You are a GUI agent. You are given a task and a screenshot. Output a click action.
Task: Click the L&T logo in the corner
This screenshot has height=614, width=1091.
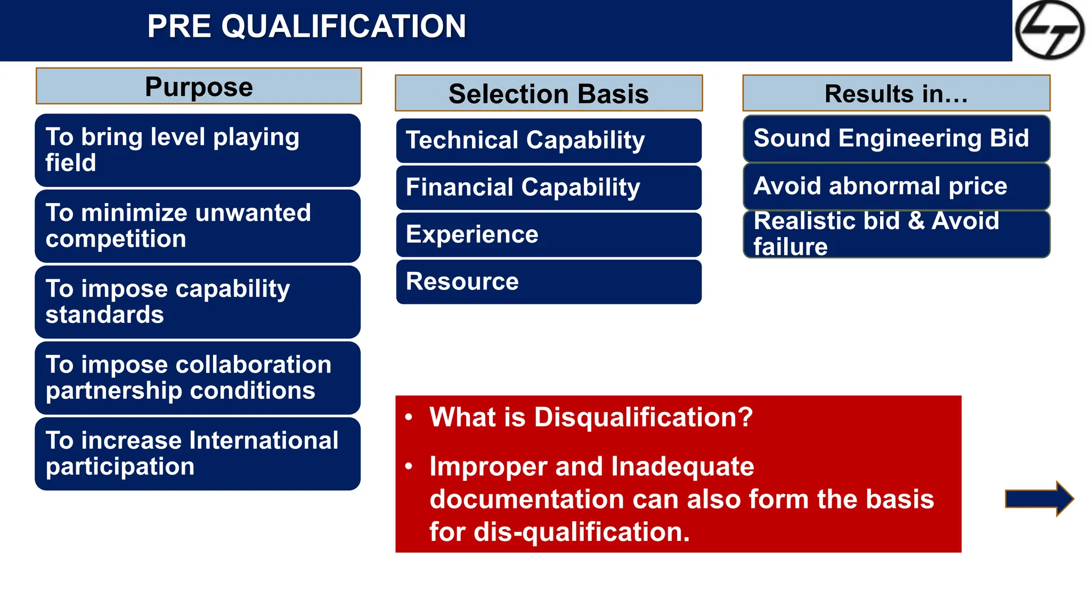click(1049, 30)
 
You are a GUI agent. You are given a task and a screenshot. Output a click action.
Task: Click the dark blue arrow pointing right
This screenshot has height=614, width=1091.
click(1038, 499)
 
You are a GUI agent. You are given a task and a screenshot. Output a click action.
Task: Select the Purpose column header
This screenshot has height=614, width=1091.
click(199, 86)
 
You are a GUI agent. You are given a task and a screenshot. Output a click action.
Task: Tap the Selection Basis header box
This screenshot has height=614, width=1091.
click(549, 93)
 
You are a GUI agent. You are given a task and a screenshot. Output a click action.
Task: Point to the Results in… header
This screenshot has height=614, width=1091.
click(896, 93)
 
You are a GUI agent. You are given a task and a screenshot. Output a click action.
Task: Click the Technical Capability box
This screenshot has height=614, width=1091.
click(549, 141)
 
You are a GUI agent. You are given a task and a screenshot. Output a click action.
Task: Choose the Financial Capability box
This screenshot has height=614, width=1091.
click(549, 188)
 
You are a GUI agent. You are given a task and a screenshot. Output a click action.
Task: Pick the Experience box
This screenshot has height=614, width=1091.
click(549, 235)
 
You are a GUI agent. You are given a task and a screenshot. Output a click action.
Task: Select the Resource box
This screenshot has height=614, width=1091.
click(549, 281)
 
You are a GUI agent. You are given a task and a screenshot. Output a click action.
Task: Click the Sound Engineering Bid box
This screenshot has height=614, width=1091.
click(896, 139)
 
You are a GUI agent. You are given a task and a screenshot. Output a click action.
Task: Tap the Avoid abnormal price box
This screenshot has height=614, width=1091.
click(896, 187)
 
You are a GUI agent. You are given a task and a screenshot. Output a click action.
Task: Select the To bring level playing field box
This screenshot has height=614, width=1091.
click(198, 150)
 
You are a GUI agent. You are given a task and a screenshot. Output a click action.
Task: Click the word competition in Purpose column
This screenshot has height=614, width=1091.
click(116, 239)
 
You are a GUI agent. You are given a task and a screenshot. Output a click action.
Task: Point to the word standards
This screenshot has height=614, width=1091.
click(104, 315)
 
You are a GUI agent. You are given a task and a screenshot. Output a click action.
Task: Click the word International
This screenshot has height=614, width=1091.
click(264, 441)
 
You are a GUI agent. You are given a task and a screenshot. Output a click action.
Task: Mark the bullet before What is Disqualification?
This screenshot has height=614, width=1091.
click(409, 417)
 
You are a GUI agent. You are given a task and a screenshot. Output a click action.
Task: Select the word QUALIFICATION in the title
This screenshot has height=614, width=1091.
click(344, 27)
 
